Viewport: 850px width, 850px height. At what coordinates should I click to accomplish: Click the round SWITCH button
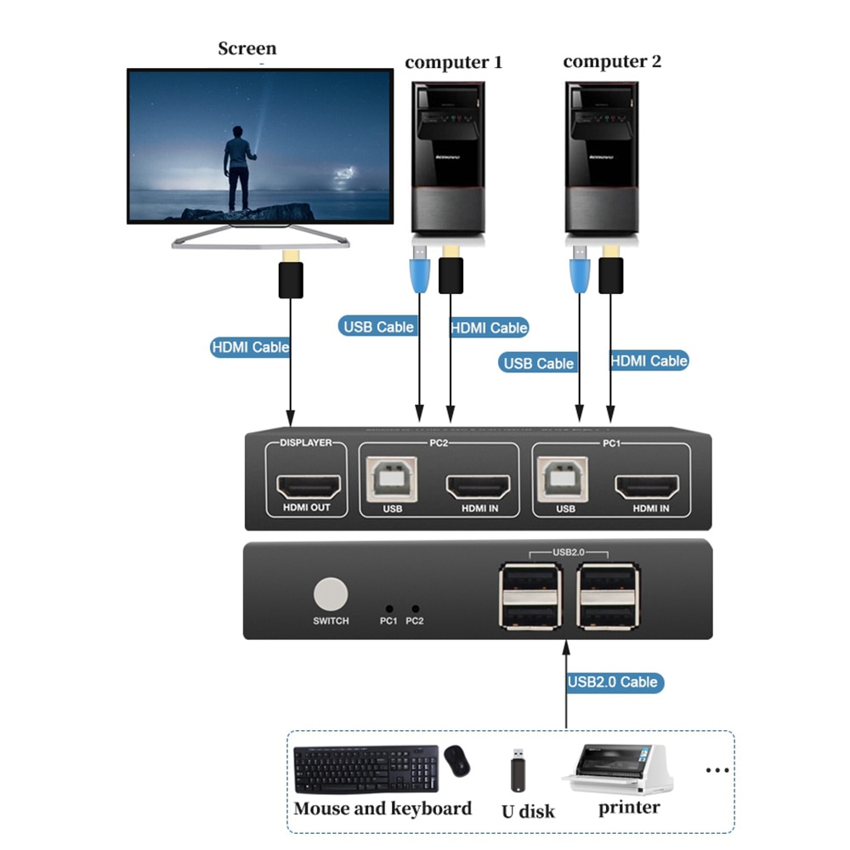click(331, 593)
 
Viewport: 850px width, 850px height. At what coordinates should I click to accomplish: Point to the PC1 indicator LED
click(388, 609)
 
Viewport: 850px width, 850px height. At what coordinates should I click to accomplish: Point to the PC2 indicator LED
click(415, 609)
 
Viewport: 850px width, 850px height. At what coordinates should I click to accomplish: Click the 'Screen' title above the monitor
click(247, 48)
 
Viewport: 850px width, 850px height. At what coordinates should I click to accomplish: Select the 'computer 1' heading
click(453, 62)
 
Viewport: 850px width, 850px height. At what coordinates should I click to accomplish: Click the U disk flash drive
click(516, 770)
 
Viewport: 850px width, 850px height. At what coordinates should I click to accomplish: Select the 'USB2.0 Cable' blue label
click(613, 682)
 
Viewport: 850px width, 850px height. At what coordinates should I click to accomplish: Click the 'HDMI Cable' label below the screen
click(250, 347)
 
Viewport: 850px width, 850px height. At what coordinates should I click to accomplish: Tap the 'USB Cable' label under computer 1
click(378, 326)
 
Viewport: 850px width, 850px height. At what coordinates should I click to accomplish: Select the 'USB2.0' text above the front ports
click(569, 552)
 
